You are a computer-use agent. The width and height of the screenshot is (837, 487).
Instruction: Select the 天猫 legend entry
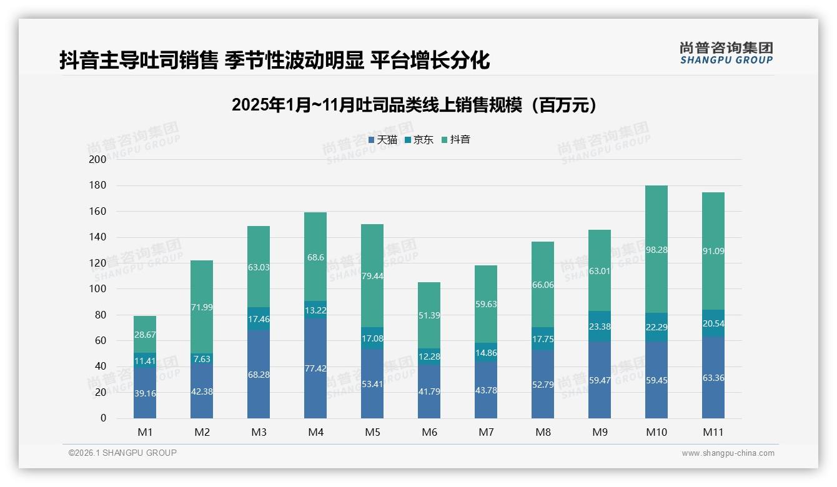coord(383,140)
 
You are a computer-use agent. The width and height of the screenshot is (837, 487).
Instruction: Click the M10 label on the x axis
coord(656,432)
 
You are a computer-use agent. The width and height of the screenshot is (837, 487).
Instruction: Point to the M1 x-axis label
coord(145,432)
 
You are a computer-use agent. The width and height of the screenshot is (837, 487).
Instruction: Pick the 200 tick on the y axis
coord(98,160)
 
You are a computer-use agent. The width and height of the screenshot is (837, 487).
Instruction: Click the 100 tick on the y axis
coord(98,289)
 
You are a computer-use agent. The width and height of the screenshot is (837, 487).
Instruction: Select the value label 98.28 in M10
coord(656,250)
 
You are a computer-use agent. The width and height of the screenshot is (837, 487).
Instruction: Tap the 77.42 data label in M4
coord(315,368)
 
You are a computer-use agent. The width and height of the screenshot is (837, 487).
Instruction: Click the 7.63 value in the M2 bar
coord(202,358)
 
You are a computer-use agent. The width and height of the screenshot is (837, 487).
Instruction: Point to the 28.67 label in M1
coord(145,335)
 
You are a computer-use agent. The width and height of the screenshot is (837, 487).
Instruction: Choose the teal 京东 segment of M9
coord(600,326)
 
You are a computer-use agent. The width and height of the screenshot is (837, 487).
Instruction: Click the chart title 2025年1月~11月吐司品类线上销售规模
coord(414,105)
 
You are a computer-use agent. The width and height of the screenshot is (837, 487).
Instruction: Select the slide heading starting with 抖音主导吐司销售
coord(274,61)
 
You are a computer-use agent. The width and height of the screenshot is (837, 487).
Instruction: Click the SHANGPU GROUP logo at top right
coord(726,53)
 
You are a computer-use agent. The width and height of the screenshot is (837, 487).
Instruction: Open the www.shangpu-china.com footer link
coord(728,453)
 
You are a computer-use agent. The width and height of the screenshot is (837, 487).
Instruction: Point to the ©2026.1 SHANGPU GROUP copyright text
coord(122,453)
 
